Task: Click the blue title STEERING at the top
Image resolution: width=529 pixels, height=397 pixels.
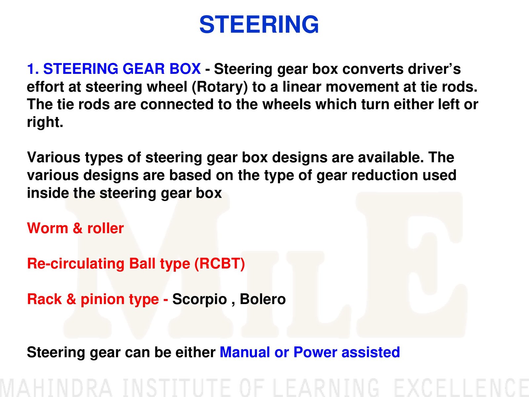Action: [259, 25]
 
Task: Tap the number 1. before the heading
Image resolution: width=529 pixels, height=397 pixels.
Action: [33, 69]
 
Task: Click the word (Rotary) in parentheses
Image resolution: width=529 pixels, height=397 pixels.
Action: [220, 87]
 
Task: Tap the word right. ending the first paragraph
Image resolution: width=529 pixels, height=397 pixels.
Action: [45, 123]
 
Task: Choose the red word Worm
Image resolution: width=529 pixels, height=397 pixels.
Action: [48, 228]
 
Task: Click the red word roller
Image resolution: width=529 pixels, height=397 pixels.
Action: [105, 228]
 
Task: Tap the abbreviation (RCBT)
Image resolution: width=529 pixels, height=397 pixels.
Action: [220, 264]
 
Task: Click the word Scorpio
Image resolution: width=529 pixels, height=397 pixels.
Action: [200, 300]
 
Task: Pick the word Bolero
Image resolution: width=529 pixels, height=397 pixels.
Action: [263, 299]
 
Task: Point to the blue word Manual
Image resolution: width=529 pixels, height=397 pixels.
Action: [245, 352]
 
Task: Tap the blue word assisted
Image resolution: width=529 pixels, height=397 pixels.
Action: [371, 352]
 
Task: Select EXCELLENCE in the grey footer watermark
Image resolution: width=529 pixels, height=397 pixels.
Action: [462, 388]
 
